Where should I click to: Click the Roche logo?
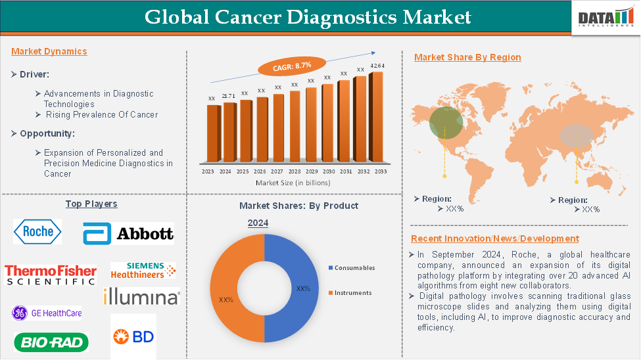[37, 232]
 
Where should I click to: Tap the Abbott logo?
[128, 233]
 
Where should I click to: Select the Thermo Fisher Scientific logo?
[51, 275]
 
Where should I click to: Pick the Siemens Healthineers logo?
[143, 271]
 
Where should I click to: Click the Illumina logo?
[141, 296]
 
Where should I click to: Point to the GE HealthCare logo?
[47, 313]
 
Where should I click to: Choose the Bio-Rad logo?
[51, 342]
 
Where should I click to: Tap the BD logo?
[133, 337]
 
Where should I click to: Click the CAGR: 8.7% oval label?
[292, 66]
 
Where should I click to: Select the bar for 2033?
[376, 118]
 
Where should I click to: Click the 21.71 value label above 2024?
[229, 96]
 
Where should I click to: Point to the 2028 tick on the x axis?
[295, 171]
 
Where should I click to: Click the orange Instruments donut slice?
[224, 288]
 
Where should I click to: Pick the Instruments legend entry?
[350, 293]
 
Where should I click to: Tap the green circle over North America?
[446, 123]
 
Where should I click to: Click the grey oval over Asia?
[577, 136]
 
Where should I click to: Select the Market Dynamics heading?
[49, 51]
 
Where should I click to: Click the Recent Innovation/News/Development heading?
[495, 238]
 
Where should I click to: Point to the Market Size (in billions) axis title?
[293, 183]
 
